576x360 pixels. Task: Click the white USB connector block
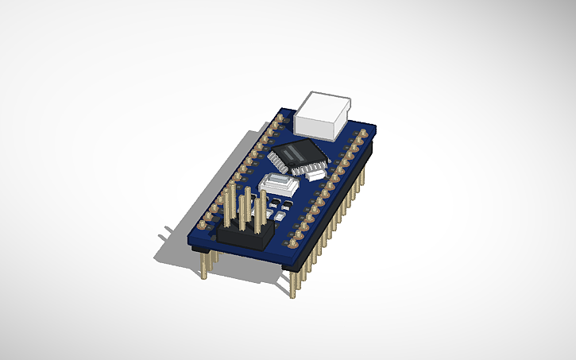tap(324, 114)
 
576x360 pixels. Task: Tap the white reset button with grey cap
tap(277, 184)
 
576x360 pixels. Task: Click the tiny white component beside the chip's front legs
tap(316, 169)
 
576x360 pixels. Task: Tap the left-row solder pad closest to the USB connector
tap(279, 118)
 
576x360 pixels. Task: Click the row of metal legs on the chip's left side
tap(280, 160)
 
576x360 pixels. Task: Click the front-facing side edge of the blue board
tap(238, 250)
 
